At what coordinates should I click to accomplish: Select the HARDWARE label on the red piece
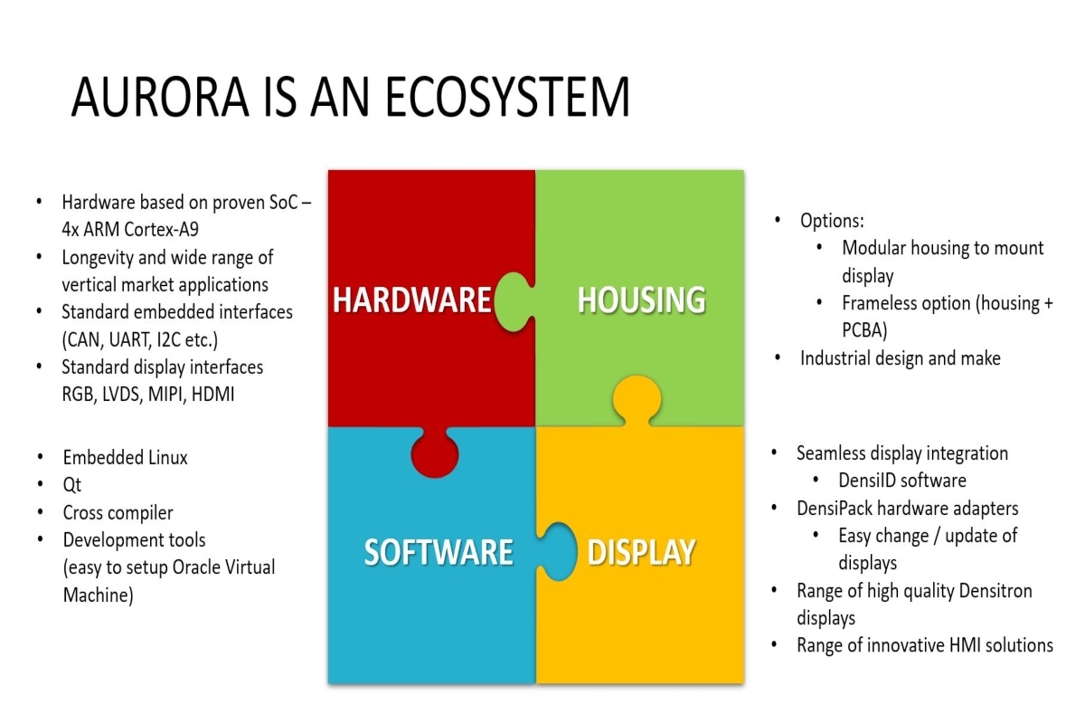[411, 300]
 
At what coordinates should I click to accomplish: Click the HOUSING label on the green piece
[641, 300]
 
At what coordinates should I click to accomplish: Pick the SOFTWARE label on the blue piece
[439, 552]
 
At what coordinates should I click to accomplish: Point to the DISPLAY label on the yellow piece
[641, 552]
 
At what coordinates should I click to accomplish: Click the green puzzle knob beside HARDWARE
[514, 301]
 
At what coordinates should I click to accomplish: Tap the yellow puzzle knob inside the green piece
[637, 401]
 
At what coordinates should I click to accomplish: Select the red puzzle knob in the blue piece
[435, 452]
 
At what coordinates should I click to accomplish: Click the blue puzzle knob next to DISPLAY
[557, 551]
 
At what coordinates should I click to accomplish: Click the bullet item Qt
[71, 484]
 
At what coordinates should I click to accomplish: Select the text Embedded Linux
[125, 457]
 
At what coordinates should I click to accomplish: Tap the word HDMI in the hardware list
[212, 395]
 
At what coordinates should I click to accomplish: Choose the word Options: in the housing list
[832, 221]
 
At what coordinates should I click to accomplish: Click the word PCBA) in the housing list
[864, 330]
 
